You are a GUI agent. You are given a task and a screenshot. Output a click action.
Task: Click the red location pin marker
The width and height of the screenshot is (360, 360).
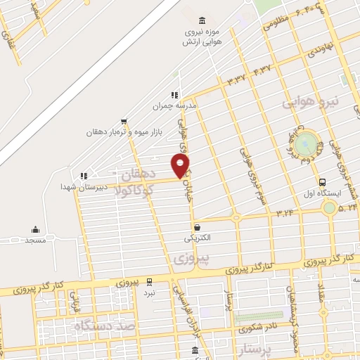[181, 166]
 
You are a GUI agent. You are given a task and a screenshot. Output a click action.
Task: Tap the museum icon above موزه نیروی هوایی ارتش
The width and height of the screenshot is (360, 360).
[203, 20]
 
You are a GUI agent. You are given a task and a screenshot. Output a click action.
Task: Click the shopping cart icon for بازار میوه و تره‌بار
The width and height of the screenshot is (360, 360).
[124, 121]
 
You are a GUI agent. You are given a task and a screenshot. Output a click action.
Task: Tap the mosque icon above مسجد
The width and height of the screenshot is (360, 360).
[35, 229]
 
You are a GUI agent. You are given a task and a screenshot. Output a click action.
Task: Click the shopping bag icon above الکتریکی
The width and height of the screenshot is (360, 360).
[198, 227]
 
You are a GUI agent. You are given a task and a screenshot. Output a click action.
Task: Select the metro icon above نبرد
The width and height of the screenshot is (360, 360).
[150, 281]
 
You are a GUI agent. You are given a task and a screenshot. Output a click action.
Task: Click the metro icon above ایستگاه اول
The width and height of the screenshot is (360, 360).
[322, 181]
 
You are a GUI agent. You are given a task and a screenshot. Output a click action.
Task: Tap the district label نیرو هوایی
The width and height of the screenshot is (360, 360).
[311, 103]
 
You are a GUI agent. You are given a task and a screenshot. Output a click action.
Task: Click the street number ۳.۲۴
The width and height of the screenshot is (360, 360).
[284, 210]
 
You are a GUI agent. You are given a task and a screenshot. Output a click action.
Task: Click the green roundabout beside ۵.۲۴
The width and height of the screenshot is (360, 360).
[328, 207]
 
